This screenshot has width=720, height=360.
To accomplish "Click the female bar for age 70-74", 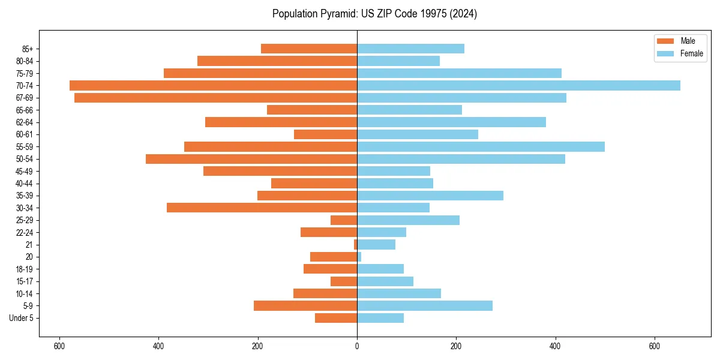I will [x=518, y=85].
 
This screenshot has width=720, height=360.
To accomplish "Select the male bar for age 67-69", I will [x=215, y=98].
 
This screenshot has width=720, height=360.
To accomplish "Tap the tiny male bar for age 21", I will [x=355, y=245].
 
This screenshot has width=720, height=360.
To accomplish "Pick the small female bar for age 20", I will [x=359, y=257].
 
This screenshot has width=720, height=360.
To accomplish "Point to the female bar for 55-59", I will [x=481, y=146].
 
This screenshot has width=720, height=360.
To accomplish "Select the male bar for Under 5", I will [x=336, y=318].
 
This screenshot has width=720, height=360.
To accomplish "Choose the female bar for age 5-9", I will [x=425, y=306].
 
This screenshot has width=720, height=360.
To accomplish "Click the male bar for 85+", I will [x=309, y=49].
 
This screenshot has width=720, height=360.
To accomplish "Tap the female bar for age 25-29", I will [x=408, y=220].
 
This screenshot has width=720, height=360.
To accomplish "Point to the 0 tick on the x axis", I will [x=357, y=346].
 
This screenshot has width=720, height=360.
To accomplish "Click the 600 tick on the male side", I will [x=59, y=346].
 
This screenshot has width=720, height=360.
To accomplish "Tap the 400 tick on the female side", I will [x=556, y=346].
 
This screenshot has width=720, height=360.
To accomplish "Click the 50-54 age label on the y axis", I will [x=25, y=159].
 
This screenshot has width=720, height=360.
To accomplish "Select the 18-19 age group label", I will [x=25, y=269].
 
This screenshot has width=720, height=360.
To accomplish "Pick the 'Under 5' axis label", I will [x=21, y=318].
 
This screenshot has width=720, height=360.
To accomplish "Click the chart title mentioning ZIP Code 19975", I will [x=374, y=14].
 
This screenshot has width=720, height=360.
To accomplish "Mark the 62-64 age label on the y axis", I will [x=25, y=122].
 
